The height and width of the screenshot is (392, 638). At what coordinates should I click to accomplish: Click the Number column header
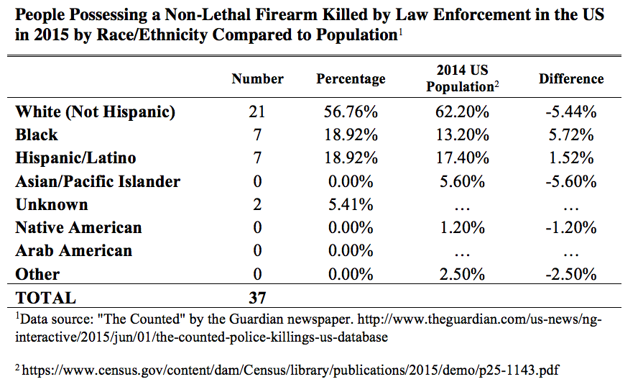[257, 79]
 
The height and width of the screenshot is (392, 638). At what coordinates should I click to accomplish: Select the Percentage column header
[351, 79]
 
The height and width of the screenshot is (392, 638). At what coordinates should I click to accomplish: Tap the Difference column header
[571, 79]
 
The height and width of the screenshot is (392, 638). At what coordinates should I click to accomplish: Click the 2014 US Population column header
[462, 78]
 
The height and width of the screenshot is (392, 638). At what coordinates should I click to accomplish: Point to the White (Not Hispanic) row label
[96, 111]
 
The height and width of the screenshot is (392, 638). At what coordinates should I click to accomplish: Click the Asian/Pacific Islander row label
[98, 181]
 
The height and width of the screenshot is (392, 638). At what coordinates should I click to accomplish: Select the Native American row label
[78, 228]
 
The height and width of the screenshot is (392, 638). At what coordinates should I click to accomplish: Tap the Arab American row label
[73, 251]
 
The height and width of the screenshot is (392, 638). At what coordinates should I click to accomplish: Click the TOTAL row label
[45, 298]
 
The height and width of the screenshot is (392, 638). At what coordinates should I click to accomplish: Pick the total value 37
[257, 298]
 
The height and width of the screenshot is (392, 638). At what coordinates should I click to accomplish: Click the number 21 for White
[257, 111]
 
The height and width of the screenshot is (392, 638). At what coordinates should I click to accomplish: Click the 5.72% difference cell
[573, 135]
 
